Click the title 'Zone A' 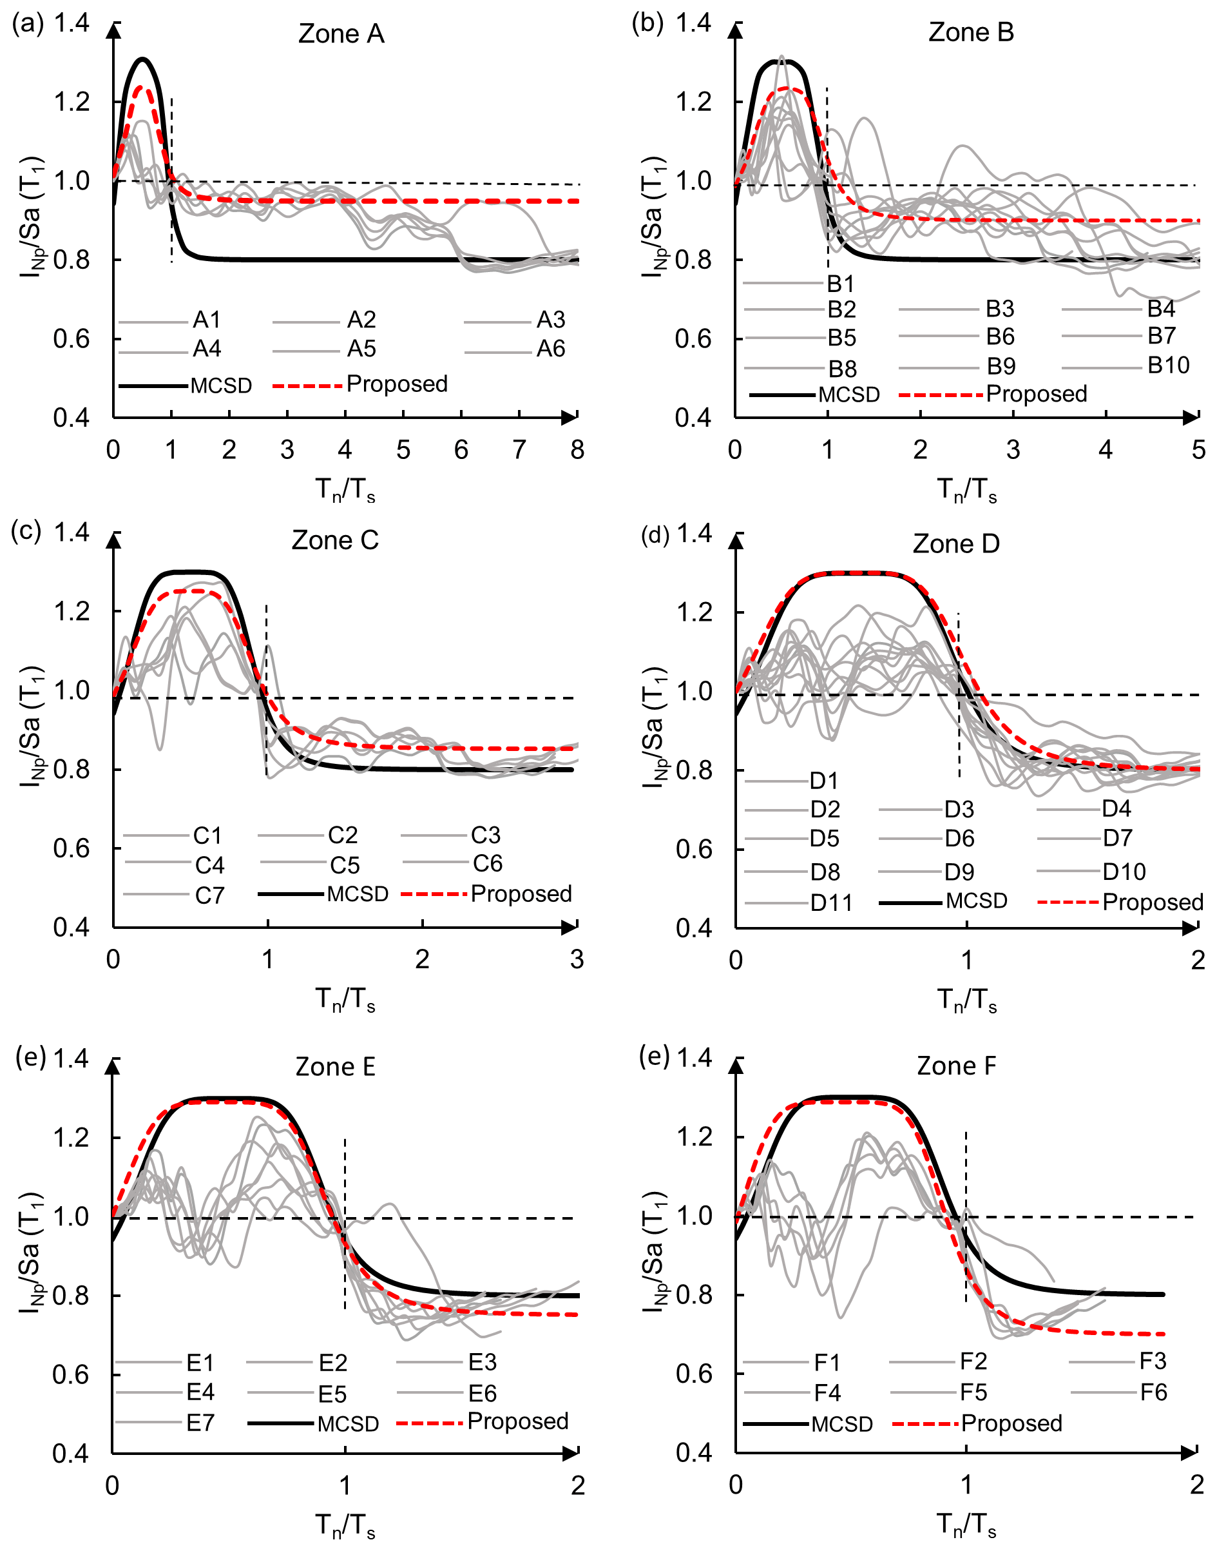(x=341, y=34)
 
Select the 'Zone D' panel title (x=956, y=544)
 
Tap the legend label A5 (x=361, y=349)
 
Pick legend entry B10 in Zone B (x=1168, y=366)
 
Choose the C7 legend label (x=209, y=896)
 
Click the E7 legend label (x=200, y=1423)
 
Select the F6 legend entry (x=1153, y=1392)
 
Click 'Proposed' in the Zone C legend (x=521, y=894)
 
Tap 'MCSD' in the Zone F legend (x=841, y=1424)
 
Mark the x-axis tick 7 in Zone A (x=519, y=451)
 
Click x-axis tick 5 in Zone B (x=1198, y=451)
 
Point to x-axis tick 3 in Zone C (x=577, y=960)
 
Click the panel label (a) (x=28, y=23)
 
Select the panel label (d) (x=655, y=534)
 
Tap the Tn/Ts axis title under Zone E (x=345, y=1527)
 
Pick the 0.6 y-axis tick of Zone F (x=693, y=1374)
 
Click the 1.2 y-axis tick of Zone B (x=693, y=102)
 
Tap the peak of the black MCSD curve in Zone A (x=143, y=59)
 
